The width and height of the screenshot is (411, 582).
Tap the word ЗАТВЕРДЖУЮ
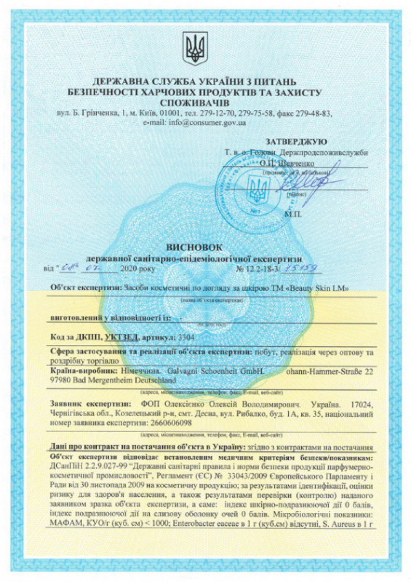coord(296,141)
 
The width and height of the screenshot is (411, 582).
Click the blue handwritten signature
coord(312,181)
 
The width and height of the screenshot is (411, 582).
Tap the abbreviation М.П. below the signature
coord(292,213)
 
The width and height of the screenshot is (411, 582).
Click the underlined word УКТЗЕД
coord(121,337)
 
